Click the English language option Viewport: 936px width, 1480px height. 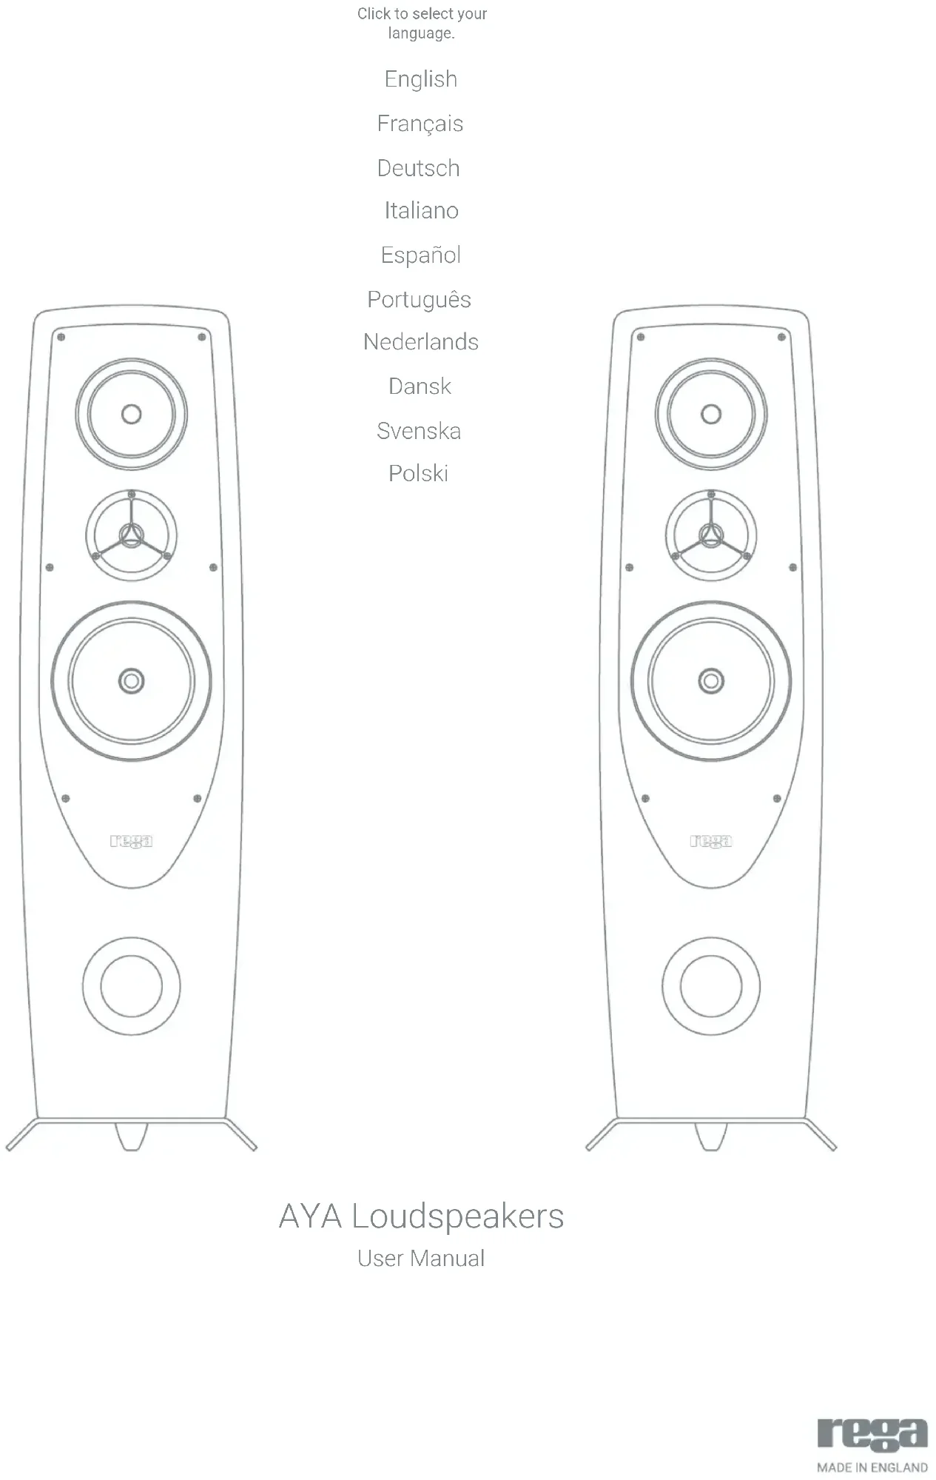point(420,79)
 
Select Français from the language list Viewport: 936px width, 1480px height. point(420,124)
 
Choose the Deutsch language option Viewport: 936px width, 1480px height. point(418,168)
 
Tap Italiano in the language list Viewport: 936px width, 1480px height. point(421,211)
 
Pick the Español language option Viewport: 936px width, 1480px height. point(420,255)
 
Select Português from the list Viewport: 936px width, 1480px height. point(419,300)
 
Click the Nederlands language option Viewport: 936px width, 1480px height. point(420,342)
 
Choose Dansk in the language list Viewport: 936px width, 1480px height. point(420,386)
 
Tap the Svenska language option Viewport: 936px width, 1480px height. point(419,431)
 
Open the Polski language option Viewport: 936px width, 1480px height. point(418,474)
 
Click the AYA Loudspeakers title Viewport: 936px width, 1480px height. point(421,1216)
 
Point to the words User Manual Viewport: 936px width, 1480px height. point(421,1259)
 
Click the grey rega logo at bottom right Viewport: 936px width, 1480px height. point(872,1434)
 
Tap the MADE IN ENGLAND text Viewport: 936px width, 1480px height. point(872,1467)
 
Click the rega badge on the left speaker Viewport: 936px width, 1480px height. point(131,841)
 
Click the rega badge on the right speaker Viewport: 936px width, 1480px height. point(711,841)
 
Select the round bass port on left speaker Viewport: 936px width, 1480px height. point(131,986)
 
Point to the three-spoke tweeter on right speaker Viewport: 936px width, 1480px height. point(711,535)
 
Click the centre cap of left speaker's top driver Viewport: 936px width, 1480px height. point(131,414)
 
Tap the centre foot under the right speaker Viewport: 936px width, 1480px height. point(710,1137)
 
